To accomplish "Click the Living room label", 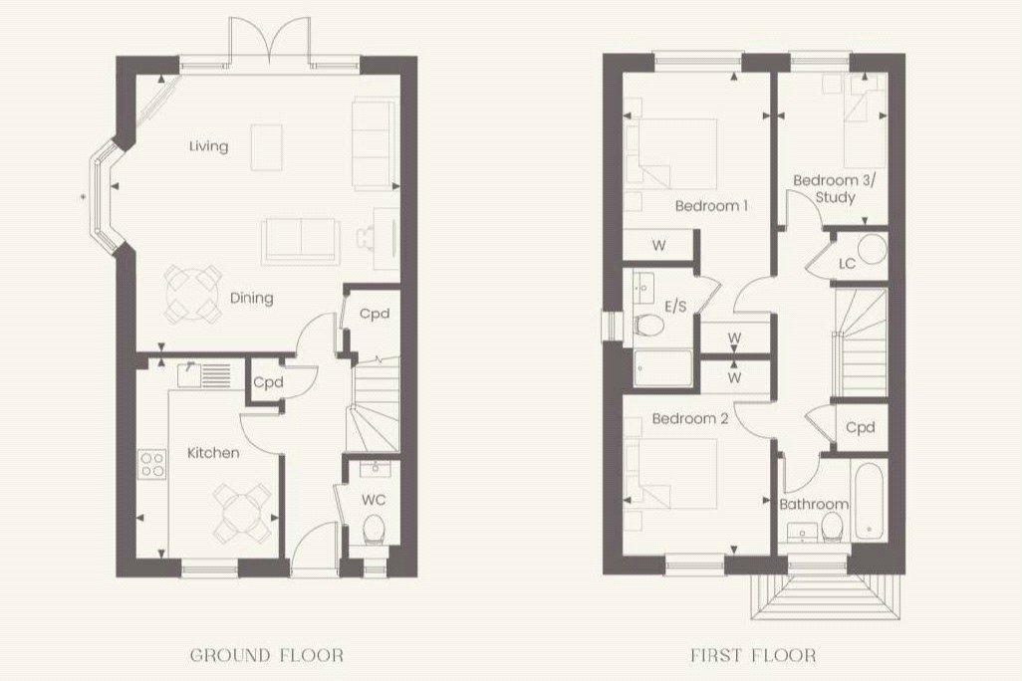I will (209, 146).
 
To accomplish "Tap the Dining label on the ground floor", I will (251, 298).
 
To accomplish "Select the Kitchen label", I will (213, 453).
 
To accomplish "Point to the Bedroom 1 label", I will (711, 206).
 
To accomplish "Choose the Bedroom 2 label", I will (689, 419).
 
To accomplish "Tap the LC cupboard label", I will (848, 264).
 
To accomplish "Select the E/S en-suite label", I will (676, 306).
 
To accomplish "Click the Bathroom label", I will (813, 505).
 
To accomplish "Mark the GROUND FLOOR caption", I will (268, 655).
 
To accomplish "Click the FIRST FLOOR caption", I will (753, 655).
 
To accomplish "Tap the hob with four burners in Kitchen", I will (152, 463).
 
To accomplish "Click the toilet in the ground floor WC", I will (375, 528).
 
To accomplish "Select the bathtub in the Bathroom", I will (867, 500).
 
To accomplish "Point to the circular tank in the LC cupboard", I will (874, 249).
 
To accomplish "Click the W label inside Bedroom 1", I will (659, 246).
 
